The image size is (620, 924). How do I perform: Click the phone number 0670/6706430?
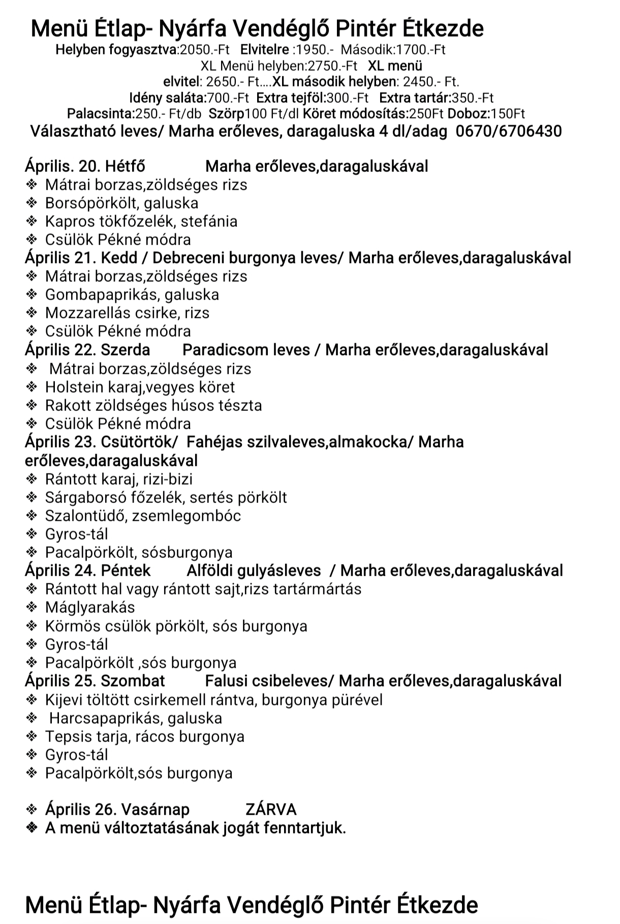coord(508,131)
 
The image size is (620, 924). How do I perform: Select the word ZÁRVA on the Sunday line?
coord(270,809)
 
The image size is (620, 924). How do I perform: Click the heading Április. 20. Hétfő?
coord(85,166)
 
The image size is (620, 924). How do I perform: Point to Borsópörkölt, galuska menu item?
coord(121,203)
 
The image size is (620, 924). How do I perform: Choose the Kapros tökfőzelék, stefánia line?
coord(141,221)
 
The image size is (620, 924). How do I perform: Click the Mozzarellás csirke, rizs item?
coord(127,313)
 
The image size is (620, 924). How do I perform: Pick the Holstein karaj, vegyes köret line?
coord(140,387)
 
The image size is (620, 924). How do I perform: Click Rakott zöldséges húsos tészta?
coord(153,405)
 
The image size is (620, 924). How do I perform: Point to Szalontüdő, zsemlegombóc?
coord(143,516)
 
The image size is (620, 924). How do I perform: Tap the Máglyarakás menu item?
coord(90,607)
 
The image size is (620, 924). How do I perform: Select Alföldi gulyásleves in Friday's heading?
coord(254,571)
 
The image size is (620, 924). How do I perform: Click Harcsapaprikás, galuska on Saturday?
coord(136,718)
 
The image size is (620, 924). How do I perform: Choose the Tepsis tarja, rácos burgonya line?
coord(144,736)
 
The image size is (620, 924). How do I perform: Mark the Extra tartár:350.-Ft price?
coord(436,98)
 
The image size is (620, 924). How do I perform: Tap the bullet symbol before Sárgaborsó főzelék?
coord(32,497)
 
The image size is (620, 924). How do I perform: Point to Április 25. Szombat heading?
coord(95,681)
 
